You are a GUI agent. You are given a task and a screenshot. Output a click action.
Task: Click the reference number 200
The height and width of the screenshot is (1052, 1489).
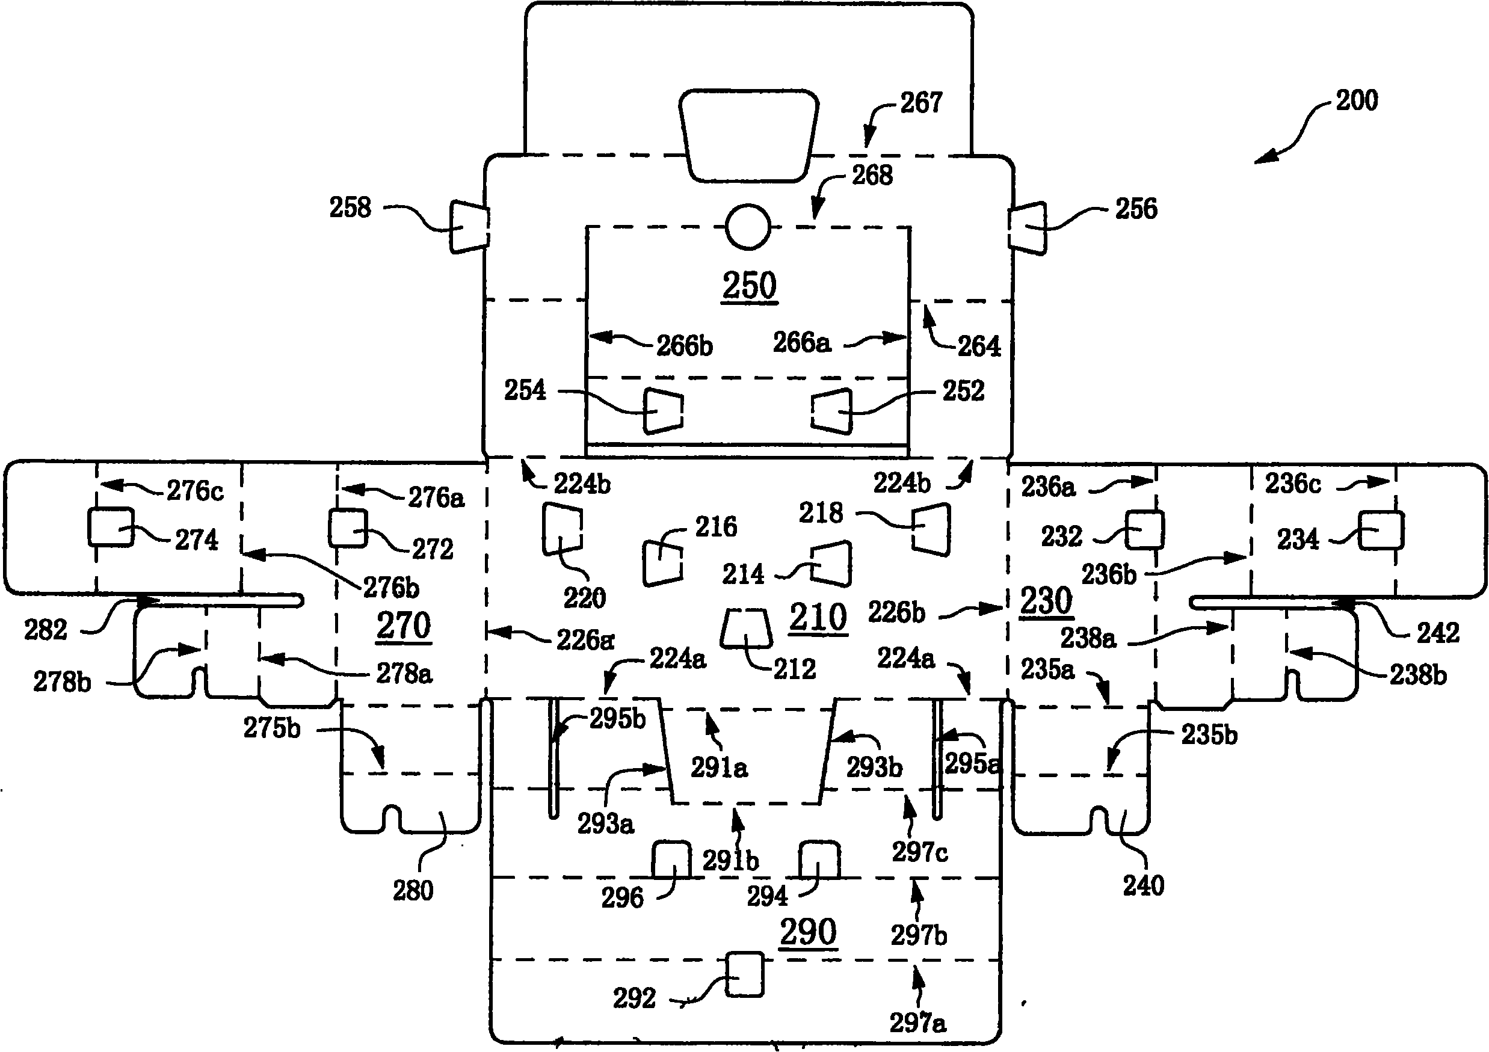pos(1357,100)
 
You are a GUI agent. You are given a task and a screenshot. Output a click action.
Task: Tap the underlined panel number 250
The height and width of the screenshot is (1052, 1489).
pos(750,286)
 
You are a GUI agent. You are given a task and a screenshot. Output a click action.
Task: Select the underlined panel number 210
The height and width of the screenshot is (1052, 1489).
pos(818,617)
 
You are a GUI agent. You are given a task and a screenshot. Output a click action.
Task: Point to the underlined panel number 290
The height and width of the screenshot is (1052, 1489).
pos(808,932)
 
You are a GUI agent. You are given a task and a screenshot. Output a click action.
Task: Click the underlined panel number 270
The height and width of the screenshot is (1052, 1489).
pos(403,626)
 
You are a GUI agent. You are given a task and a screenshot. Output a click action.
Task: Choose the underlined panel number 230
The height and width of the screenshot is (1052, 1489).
pos(1046,601)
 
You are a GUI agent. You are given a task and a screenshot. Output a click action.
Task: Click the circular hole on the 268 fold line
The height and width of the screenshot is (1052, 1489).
pos(748,227)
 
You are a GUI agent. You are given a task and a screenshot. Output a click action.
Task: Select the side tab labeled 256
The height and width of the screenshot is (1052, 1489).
pos(1027,228)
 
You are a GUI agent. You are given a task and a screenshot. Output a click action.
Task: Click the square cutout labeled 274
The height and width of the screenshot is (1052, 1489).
pos(111,527)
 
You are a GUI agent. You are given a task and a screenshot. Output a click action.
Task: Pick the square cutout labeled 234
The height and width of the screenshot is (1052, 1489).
pos(1381,531)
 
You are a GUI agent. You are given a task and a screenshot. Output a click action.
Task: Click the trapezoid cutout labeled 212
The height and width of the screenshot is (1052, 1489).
pos(746,627)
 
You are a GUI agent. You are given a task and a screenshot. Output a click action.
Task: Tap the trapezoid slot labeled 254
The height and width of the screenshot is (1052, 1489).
pos(663,411)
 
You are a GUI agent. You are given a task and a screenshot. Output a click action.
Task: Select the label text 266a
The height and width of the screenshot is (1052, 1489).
pos(801,342)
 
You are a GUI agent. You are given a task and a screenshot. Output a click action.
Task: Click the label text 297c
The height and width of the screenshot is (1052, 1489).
pos(920,852)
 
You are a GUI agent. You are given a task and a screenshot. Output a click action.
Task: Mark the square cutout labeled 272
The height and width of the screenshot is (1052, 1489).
pos(348,528)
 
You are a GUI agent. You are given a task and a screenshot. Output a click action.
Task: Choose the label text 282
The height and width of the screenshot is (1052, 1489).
pos(45,629)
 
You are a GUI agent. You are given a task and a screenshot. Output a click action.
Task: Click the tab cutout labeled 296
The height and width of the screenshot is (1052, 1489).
pos(671,860)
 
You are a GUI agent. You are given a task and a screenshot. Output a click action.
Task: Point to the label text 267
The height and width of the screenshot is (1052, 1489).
pos(921,102)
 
